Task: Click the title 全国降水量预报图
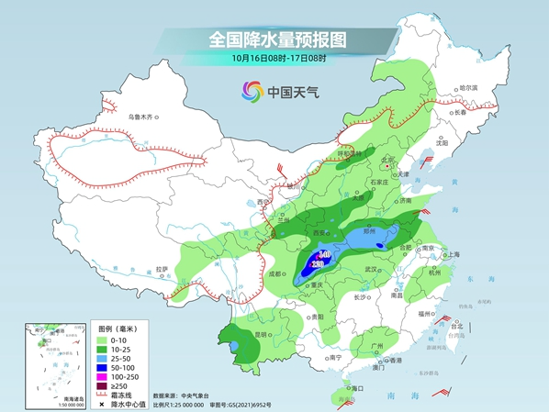[275, 40]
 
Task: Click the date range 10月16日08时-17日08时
[275, 60]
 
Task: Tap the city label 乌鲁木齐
[143, 117]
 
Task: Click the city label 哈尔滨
[467, 87]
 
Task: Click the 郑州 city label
[371, 233]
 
